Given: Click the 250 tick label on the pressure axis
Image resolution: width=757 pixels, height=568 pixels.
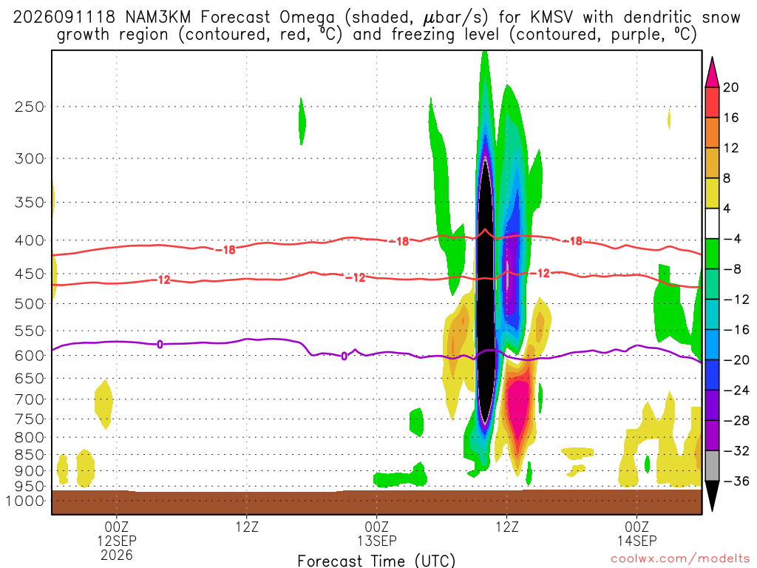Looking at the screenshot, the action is (x=29, y=106).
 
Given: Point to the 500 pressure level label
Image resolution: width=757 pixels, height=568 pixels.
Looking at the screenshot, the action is (x=29, y=304).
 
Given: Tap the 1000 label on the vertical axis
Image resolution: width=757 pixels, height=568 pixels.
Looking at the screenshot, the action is (x=24, y=501).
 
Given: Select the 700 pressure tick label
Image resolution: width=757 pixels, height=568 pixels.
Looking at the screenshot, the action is (x=29, y=399).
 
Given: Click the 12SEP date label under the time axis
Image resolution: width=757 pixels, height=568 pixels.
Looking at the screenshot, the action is (x=117, y=541).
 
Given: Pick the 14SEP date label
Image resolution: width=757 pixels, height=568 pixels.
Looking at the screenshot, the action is (x=637, y=541).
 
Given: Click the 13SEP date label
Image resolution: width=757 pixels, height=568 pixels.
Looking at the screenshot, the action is (x=377, y=541).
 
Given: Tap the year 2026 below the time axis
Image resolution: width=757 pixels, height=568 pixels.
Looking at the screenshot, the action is (x=117, y=555).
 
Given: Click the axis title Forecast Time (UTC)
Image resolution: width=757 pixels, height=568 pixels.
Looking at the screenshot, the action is (x=376, y=561).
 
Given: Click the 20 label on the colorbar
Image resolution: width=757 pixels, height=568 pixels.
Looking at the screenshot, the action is (x=731, y=87).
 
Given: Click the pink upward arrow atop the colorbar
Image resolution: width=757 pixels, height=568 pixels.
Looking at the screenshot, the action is (x=712, y=72).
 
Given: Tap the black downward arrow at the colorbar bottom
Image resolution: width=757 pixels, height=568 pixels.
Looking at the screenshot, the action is (x=712, y=496).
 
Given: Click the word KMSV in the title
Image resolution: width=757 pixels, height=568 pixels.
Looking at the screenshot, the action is (x=551, y=18).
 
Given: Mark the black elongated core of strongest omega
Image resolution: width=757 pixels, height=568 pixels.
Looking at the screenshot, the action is (x=486, y=290).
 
